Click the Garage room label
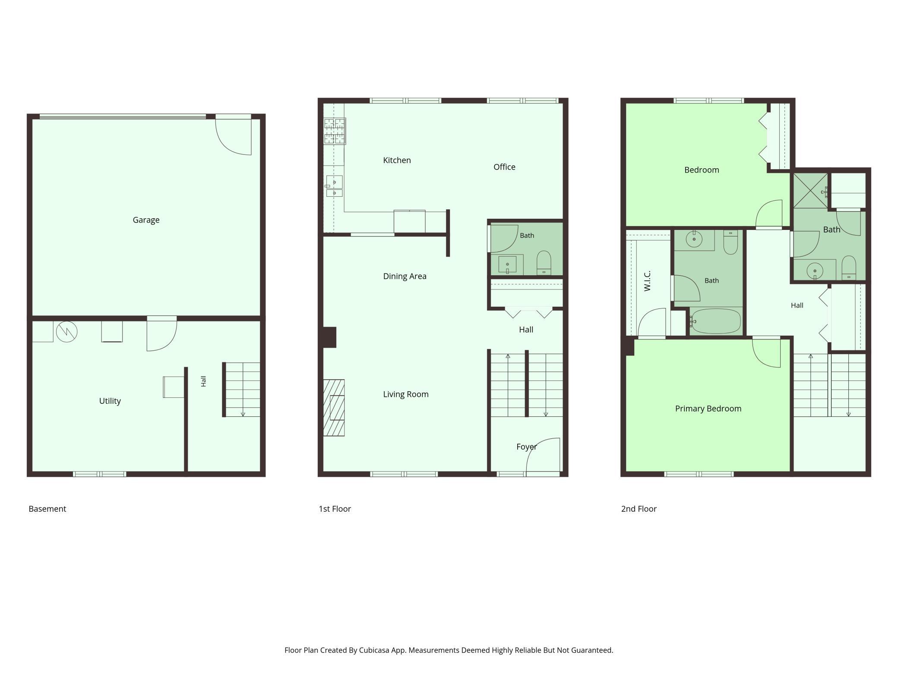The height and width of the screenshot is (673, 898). pos(146,220)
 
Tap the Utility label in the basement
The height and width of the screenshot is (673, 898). pos(110,401)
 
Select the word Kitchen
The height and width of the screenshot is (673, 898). pos(397,160)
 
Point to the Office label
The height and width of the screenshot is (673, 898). pos(504,167)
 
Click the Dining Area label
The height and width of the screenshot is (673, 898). pos(405,277)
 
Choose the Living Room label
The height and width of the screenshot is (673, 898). pos(406,394)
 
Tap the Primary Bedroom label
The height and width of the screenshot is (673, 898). pos(708,409)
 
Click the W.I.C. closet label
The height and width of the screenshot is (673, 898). pos(647,281)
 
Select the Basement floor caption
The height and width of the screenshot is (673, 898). pos(47,509)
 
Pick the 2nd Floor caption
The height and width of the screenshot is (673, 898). pos(639,509)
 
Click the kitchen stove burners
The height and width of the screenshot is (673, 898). pos(335,131)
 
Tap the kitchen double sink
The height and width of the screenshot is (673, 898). pos(334,186)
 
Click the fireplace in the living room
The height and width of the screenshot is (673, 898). pos(334,408)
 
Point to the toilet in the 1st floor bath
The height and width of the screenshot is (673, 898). pos(544,263)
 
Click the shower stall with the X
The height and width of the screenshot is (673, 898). pos(810,191)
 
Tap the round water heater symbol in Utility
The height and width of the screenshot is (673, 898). pos(67,332)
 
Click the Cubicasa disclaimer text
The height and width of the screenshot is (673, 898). pos(449,650)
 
